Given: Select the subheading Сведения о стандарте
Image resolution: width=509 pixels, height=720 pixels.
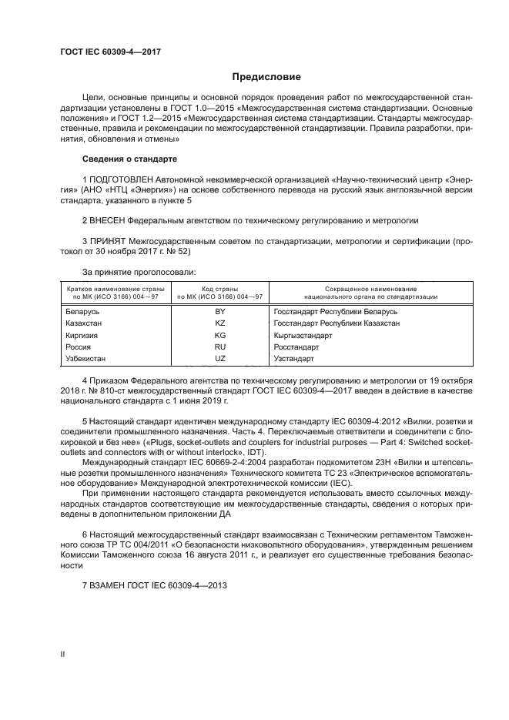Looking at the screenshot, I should tap(129, 159).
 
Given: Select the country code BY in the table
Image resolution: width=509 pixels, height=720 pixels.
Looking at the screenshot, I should tap(219, 312).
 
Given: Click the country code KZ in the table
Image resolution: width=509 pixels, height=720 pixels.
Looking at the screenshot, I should tap(219, 323).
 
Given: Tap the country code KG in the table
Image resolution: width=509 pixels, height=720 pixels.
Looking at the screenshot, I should tap(219, 336).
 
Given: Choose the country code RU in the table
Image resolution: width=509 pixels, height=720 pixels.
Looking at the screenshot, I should tap(219, 347).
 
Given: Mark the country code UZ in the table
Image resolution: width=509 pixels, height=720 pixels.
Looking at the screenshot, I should tap(219, 359).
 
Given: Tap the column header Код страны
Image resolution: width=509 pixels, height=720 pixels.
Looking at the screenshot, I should tap(219, 288).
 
